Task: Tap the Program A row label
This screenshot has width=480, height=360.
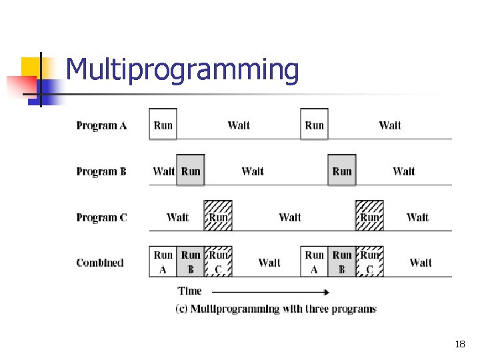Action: click(101, 125)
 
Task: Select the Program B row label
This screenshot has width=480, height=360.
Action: click(101, 171)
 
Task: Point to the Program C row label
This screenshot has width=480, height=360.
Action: click(101, 217)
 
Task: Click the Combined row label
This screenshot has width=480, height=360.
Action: click(100, 263)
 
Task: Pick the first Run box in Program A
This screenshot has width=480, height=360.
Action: click(163, 125)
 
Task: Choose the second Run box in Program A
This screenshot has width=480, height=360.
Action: click(314, 125)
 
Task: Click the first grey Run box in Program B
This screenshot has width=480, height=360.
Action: click(191, 171)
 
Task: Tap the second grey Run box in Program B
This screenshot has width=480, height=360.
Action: click(342, 171)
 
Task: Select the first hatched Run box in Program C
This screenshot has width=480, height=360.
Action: click(218, 216)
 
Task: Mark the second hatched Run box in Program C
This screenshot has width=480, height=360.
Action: click(369, 216)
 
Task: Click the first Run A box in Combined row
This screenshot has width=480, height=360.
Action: click(163, 262)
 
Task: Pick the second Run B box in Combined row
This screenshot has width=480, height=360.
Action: click(342, 262)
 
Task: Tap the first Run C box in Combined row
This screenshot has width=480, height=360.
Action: click(218, 262)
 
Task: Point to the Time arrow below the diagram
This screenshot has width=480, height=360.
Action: click(270, 291)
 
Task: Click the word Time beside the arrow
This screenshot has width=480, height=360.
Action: click(189, 291)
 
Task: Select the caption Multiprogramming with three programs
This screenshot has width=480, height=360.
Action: click(275, 309)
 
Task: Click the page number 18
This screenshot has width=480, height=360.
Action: click(459, 345)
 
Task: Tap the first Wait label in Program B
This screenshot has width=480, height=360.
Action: click(163, 171)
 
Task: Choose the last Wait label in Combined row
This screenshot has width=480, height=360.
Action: click(421, 263)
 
